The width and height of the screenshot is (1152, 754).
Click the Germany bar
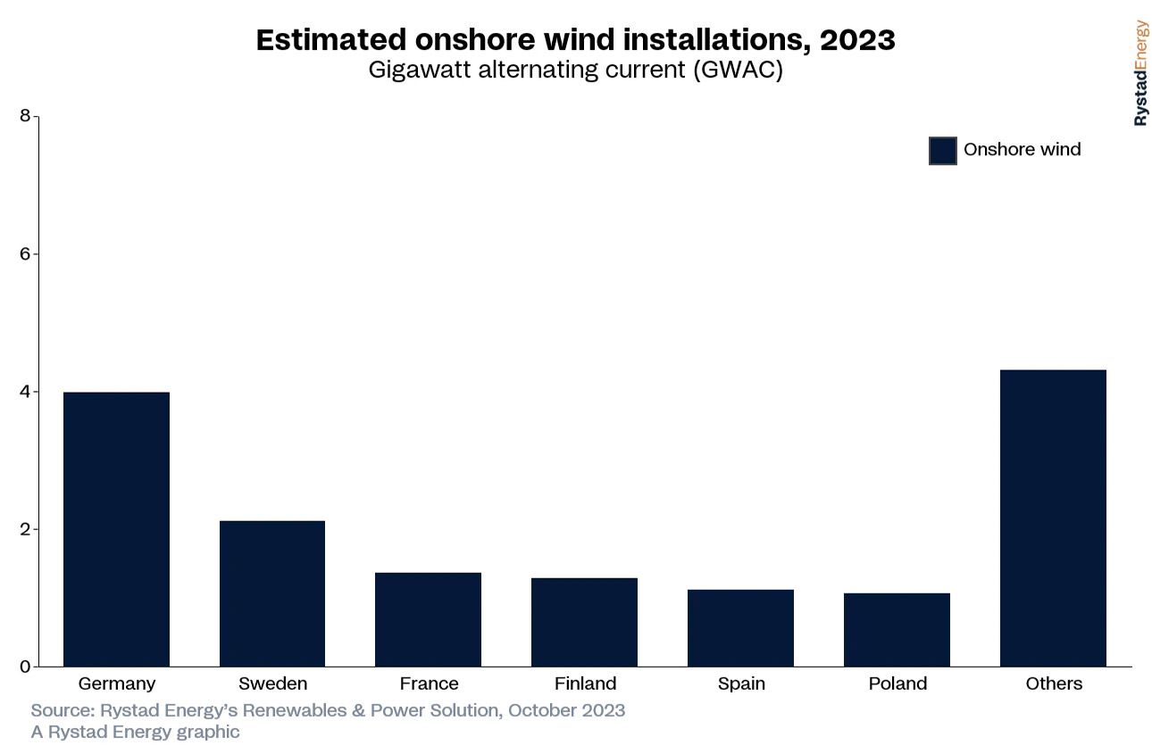(x=116, y=529)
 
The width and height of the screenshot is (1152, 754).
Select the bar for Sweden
(x=272, y=593)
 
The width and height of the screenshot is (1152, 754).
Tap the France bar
(x=428, y=619)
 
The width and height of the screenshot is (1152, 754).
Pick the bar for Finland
(x=584, y=622)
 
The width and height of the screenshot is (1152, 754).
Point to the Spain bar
(x=740, y=628)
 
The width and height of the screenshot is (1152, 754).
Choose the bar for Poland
(x=897, y=630)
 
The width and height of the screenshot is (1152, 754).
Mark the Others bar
(x=1053, y=518)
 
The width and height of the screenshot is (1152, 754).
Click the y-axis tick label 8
(x=24, y=116)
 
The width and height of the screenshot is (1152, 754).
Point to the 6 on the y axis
(x=24, y=253)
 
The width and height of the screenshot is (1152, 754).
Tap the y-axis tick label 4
(x=24, y=391)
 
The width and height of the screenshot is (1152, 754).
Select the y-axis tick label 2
(x=24, y=529)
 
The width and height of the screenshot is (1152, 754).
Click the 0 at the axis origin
(x=24, y=667)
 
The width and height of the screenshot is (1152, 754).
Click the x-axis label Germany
(x=117, y=684)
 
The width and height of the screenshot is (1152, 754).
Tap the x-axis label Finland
(x=585, y=684)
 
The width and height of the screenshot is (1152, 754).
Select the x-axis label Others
(x=1054, y=684)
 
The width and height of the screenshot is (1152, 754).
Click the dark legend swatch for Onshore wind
(x=942, y=151)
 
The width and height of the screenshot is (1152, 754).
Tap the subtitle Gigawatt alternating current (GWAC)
(x=575, y=70)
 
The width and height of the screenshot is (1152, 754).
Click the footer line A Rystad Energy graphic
(x=135, y=733)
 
